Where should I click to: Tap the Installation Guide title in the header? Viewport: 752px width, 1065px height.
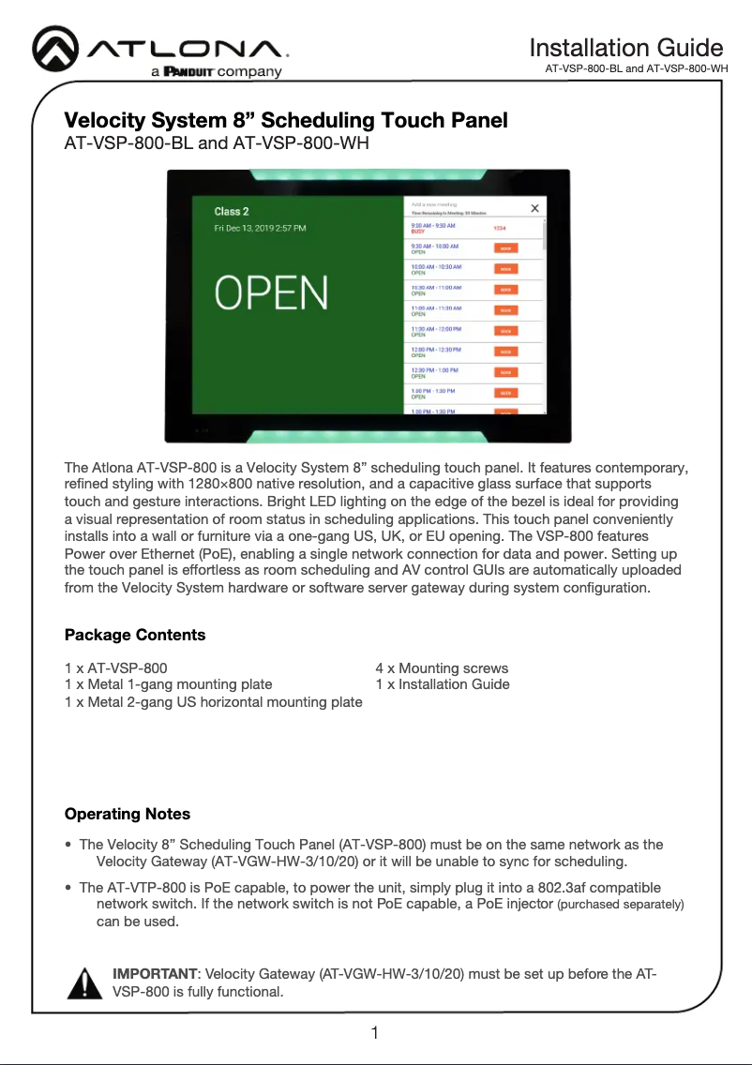tap(625, 48)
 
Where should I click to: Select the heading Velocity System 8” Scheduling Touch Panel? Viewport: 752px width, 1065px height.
tap(286, 121)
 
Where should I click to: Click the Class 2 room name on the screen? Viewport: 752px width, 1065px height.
tap(232, 212)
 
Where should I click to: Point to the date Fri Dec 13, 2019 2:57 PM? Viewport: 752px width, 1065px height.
tap(260, 228)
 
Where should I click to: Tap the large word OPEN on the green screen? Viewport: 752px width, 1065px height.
tap(272, 292)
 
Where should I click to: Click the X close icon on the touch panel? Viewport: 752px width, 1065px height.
tap(534, 209)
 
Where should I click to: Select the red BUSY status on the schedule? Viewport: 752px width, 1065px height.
tap(418, 232)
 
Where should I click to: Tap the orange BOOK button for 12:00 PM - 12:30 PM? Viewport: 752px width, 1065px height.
tap(505, 352)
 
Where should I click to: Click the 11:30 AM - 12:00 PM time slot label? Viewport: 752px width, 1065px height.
tap(436, 328)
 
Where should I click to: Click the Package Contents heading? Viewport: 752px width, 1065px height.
tap(135, 636)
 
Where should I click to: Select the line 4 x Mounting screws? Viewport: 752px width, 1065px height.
tap(442, 668)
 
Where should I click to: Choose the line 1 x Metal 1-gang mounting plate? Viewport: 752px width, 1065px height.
tap(169, 684)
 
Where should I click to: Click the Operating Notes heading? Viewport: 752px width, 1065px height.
tap(128, 814)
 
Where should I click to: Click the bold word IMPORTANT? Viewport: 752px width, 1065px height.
tap(155, 974)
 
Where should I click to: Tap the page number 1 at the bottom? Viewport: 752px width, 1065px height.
tap(375, 1034)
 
